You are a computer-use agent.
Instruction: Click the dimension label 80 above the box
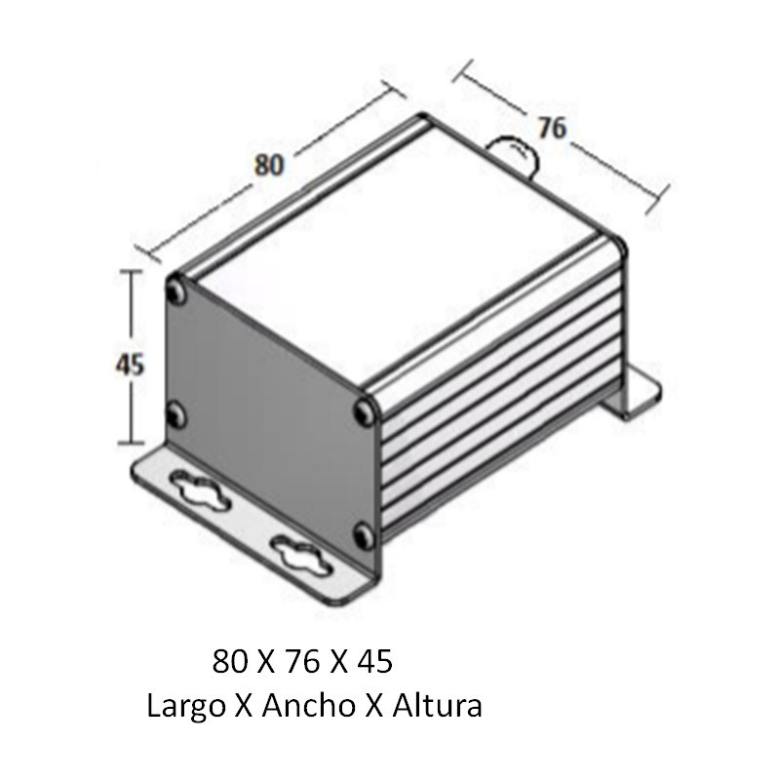269,165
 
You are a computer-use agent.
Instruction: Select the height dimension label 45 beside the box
130,364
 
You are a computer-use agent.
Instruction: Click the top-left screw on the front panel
175,290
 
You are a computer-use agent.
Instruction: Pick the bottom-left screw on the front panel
175,416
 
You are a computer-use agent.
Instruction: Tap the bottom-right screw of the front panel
365,534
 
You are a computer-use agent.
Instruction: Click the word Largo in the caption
182,705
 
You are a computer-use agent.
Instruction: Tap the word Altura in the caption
437,705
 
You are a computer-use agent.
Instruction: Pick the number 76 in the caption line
302,663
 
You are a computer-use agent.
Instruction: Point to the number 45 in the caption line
374,663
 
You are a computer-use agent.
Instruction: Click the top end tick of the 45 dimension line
131,273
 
